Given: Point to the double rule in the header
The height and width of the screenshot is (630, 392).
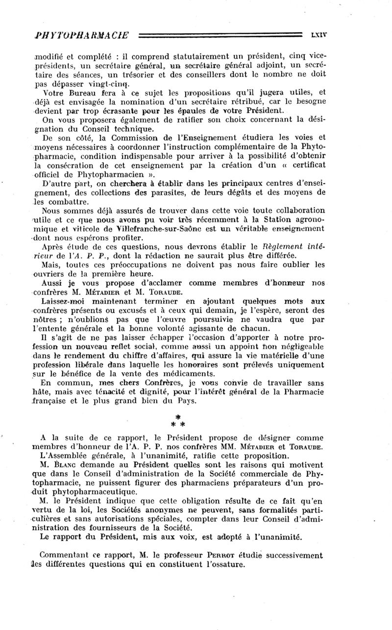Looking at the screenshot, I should [x=220, y=35].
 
